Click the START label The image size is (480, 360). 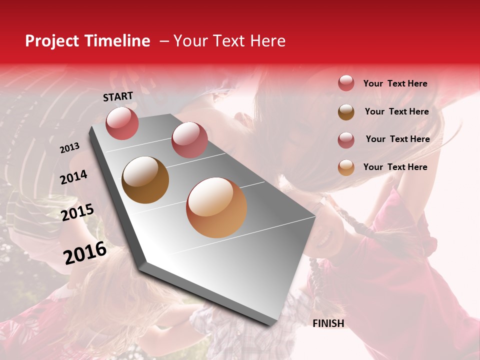(x=118, y=96)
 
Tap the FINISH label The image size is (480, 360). (x=328, y=323)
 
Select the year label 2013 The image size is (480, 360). (x=69, y=148)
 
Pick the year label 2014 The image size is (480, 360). (x=73, y=177)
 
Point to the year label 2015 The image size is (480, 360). (x=77, y=212)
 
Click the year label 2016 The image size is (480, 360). (x=85, y=253)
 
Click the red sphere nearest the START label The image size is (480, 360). (x=122, y=123)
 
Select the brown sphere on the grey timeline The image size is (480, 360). (x=145, y=180)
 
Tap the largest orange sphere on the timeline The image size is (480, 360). (x=216, y=207)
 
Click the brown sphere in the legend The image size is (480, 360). (x=346, y=112)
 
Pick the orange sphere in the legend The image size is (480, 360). (x=346, y=167)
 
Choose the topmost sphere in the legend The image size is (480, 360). (x=346, y=83)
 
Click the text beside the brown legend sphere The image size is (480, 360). (x=396, y=111)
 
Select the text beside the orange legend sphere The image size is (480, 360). (x=395, y=167)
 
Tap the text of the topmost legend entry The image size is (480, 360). (x=395, y=83)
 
